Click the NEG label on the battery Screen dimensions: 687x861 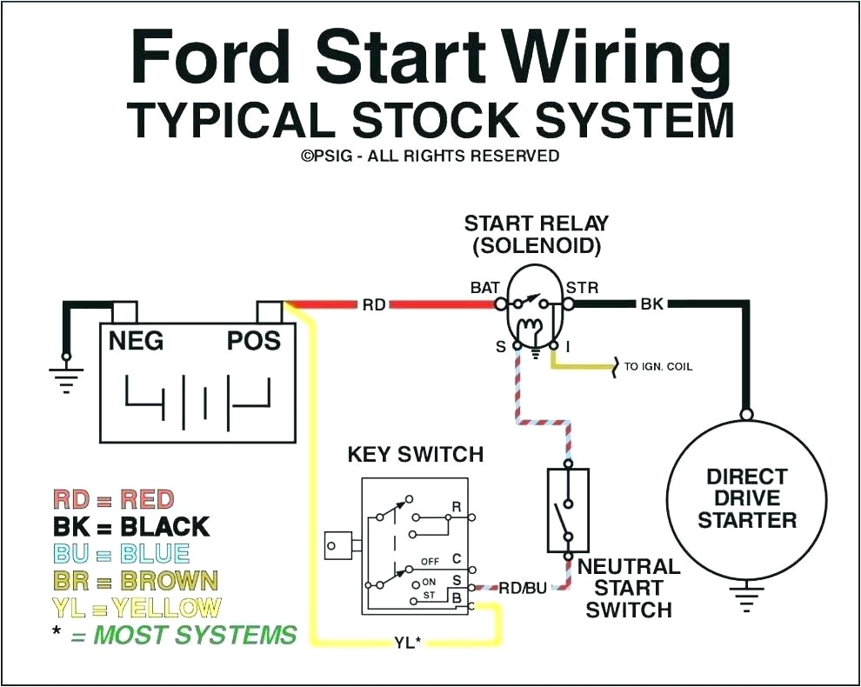pyautogui.click(x=136, y=341)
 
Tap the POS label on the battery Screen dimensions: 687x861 pyautogui.click(x=254, y=341)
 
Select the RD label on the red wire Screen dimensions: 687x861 pyautogui.click(x=374, y=305)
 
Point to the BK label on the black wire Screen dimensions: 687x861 pyautogui.click(x=651, y=305)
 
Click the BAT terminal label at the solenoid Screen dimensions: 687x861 pyautogui.click(x=484, y=287)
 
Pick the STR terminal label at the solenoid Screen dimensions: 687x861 pyautogui.click(x=582, y=287)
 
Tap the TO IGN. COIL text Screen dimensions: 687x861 pyautogui.click(x=658, y=367)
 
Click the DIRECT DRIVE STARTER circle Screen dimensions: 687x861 pyautogui.click(x=746, y=498)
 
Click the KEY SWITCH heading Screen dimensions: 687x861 pyautogui.click(x=415, y=455)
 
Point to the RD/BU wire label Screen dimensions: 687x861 pyautogui.click(x=523, y=589)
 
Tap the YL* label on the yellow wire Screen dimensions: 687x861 pyautogui.click(x=405, y=644)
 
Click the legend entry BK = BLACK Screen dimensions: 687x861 pyautogui.click(x=131, y=527)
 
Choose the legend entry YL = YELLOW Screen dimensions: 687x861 pyautogui.click(x=137, y=608)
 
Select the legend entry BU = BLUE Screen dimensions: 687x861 pyautogui.click(x=121, y=554)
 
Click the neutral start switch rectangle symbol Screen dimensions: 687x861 pyautogui.click(x=568, y=510)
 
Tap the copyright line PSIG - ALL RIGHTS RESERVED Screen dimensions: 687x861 pyautogui.click(x=430, y=156)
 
